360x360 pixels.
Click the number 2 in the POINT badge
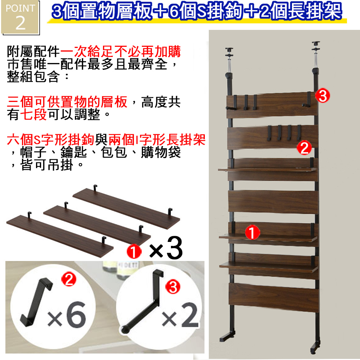pyautogui.click(x=21, y=23)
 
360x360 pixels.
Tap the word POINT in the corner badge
pyautogui.click(x=20, y=9)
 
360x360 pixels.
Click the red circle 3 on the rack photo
pyautogui.click(x=322, y=96)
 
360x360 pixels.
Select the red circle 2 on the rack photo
pyautogui.click(x=304, y=148)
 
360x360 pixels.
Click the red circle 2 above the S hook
pyautogui.click(x=68, y=279)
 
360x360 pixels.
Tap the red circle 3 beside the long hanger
pyautogui.click(x=173, y=287)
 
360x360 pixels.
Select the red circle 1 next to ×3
pyautogui.click(x=134, y=251)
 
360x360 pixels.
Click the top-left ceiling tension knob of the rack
pyautogui.click(x=229, y=50)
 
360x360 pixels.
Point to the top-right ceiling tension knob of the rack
pyautogui.click(x=316, y=44)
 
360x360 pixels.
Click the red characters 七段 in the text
pyautogui.click(x=33, y=114)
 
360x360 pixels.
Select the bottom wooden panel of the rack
pyautogui.click(x=274, y=297)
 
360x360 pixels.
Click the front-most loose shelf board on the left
pyautogui.click(x=60, y=234)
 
